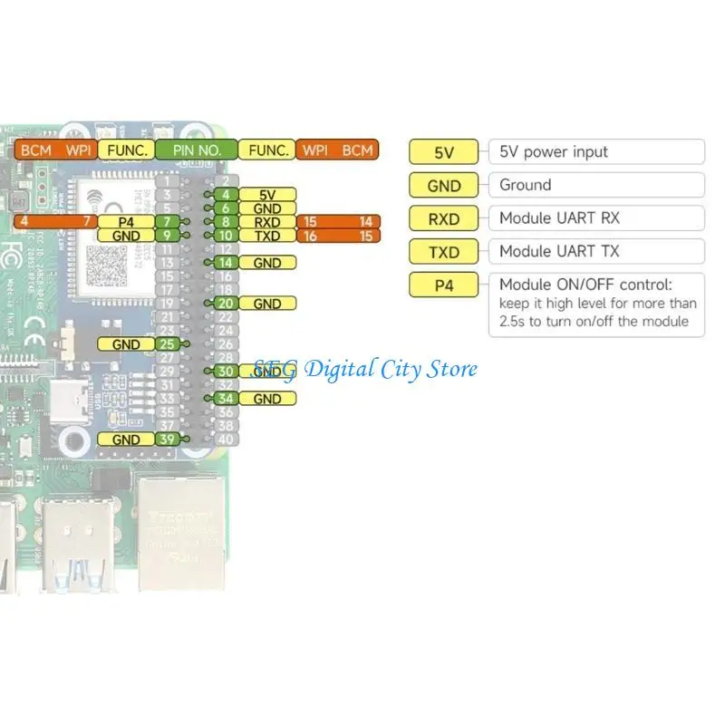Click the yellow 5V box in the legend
444,152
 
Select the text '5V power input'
554,152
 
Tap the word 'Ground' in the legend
525,185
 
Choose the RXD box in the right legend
444,218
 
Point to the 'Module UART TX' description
559,251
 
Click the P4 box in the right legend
444,284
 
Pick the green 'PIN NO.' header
197,150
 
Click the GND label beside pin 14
268,263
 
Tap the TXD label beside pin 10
268,236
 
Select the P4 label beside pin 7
126,222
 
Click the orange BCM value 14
365,222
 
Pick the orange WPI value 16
311,236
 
